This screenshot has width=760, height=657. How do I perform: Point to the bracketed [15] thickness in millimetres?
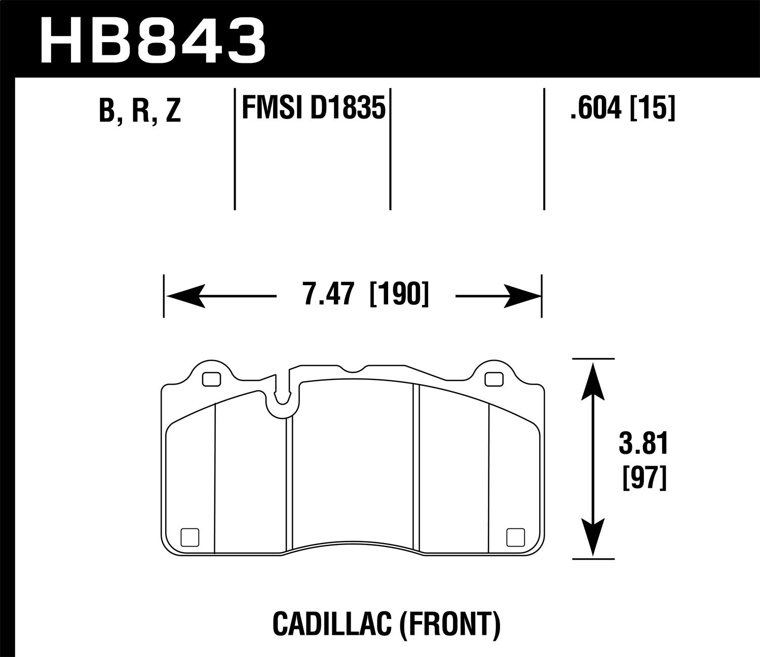(x=653, y=108)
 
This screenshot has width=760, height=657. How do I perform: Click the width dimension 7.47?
(x=326, y=295)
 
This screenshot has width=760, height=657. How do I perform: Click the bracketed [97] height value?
(x=643, y=478)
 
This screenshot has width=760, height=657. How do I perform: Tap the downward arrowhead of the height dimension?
(x=593, y=538)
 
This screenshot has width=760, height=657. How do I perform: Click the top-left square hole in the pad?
(x=211, y=379)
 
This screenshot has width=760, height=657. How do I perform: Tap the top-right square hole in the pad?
(x=492, y=379)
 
